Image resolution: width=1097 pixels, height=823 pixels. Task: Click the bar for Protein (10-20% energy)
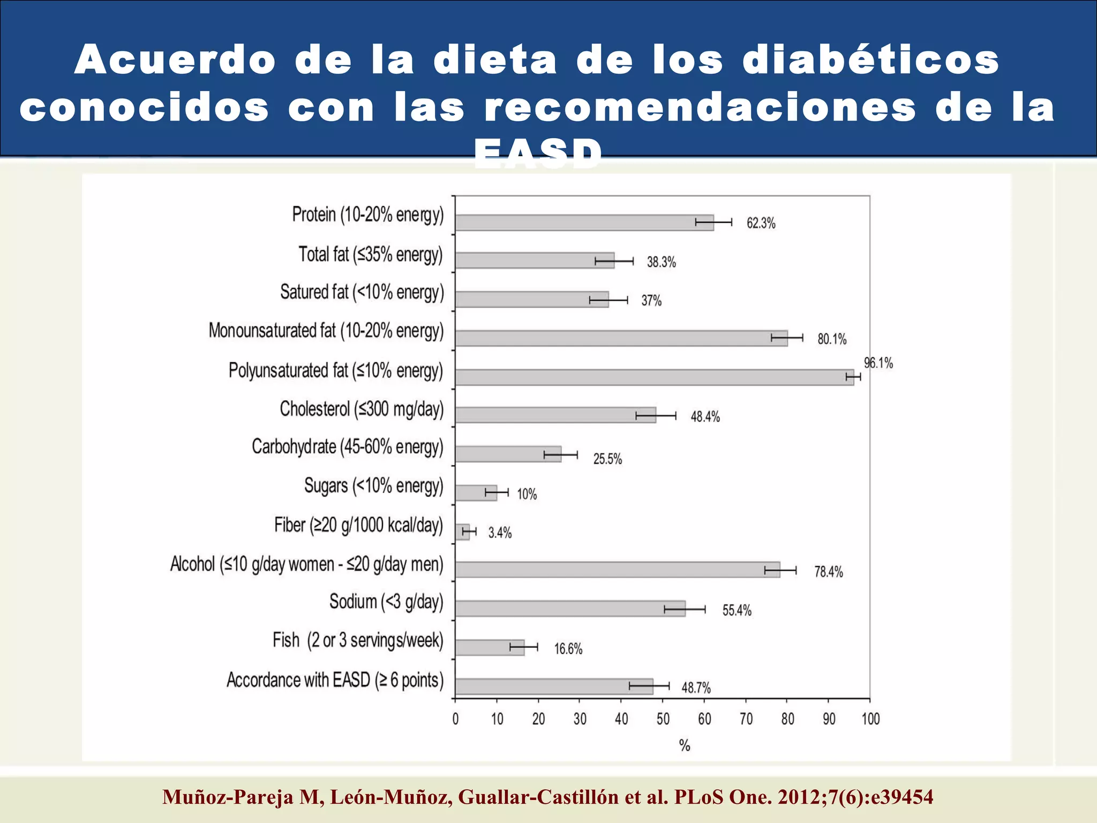pos(584,222)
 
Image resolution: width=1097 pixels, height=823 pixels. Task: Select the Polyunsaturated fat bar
pos(653,377)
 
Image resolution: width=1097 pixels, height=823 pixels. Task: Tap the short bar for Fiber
pos(462,532)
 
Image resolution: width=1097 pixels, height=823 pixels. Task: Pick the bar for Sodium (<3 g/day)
pos(570,609)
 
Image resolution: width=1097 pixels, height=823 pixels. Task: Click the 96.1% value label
pos(878,363)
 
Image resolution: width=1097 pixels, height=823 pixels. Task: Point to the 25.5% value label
pos(607,459)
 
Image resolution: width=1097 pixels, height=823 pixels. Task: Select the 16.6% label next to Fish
pos(568,649)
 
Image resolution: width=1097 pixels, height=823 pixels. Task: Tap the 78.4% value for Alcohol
pos(829,572)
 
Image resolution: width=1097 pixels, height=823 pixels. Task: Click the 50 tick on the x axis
pos(663,719)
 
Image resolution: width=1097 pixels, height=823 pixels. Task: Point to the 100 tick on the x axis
pos(870,719)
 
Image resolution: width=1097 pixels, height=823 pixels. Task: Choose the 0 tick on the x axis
pos(455,719)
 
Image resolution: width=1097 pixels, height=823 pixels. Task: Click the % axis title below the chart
pos(685,745)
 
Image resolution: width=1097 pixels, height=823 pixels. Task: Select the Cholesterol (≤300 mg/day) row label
pos(362,409)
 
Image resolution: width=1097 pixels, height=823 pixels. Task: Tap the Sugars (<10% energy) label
pos(374,486)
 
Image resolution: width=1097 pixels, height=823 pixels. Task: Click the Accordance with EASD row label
pos(335,680)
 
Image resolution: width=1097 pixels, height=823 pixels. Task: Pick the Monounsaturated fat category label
pos(326,331)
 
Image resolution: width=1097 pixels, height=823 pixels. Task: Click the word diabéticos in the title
pos(870,60)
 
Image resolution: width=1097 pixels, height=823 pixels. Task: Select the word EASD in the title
pos(538,154)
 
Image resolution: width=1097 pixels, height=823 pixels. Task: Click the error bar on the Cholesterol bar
pos(656,416)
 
